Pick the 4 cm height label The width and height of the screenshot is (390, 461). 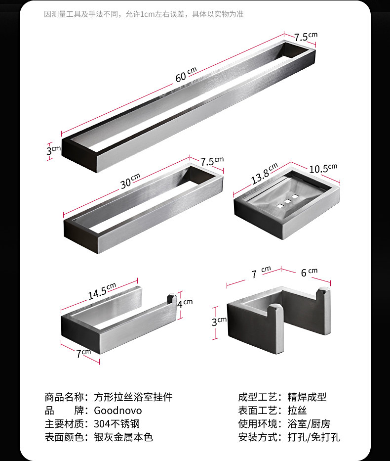pyautogui.click(x=185, y=303)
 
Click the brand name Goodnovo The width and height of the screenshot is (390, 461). pyautogui.click(x=117, y=411)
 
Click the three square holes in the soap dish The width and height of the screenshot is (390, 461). pyautogui.click(x=288, y=200)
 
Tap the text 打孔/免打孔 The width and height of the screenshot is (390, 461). pyautogui.click(x=314, y=437)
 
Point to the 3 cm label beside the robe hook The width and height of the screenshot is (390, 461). pyautogui.click(x=219, y=322)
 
